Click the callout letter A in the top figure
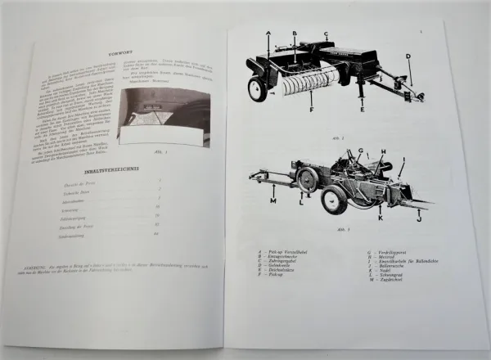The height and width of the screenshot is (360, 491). pos(268,32)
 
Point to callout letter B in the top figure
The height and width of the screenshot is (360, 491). pos(295,34)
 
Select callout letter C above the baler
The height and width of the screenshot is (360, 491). pos(326,35)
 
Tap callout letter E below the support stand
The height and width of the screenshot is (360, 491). pos(361,108)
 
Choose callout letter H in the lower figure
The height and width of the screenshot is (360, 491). pos(382,152)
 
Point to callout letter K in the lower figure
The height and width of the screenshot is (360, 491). pos(379,218)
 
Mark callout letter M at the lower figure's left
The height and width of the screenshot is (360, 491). pos(273,200)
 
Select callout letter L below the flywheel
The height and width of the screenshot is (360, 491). pos(301,202)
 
